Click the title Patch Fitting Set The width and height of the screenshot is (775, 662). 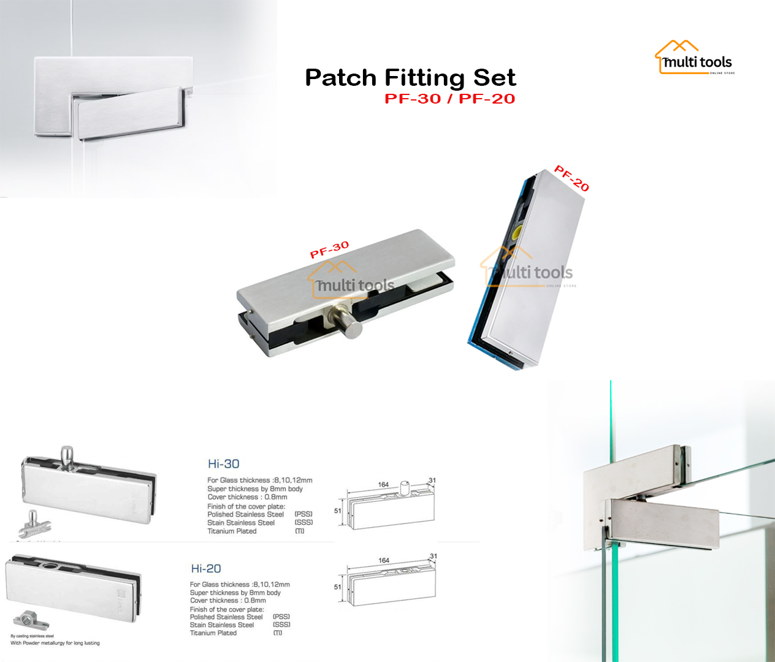pos(410,78)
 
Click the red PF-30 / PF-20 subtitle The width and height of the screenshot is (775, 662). pos(449,99)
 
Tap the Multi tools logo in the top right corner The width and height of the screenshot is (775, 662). pos(695,59)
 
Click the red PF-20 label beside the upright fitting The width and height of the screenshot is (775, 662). pos(571,178)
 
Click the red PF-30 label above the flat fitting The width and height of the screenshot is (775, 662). pos(329,249)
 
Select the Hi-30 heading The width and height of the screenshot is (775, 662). pos(223,464)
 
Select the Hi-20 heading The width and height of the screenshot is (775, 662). pos(206,569)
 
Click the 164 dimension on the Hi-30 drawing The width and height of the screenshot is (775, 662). pos(383,484)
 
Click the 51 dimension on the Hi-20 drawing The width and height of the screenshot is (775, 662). pos(337,587)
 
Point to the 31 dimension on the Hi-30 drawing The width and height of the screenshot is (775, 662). pos(432,480)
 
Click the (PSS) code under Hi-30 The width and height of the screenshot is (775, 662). pos(304,514)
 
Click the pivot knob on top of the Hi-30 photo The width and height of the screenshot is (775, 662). pos(67,455)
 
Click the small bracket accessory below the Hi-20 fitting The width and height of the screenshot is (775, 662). pos(31,620)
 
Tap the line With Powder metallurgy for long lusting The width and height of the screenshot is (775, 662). pos(55,643)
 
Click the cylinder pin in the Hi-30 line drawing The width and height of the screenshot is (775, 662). pos(405,487)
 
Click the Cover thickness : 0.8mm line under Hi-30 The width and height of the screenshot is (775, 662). pos(247,497)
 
